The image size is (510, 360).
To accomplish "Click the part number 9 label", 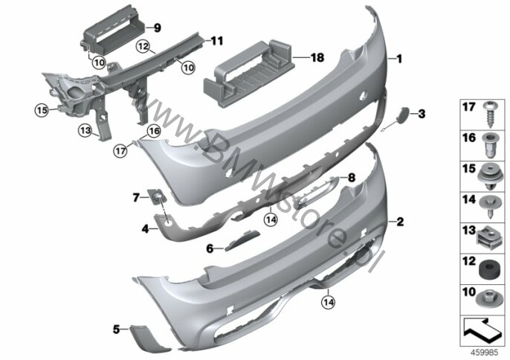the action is (x=158, y=28).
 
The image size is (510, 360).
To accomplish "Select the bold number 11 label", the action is (x=217, y=41).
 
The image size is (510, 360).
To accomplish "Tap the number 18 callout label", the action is (x=317, y=57).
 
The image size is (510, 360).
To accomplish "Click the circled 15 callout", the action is (x=42, y=110).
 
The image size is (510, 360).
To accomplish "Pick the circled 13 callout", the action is (x=85, y=131).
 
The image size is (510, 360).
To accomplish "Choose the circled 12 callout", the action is (x=143, y=46).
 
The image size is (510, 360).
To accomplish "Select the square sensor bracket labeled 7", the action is (x=158, y=196).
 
